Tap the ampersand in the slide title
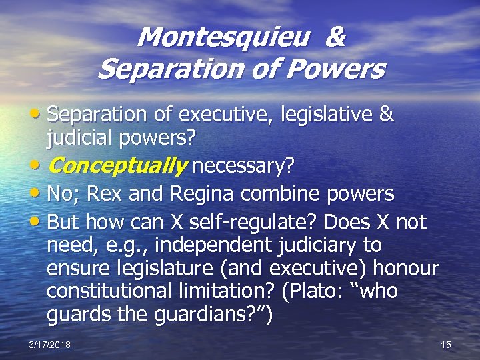pos(335,37)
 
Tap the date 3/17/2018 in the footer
pos(50,345)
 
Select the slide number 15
pos(446,345)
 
